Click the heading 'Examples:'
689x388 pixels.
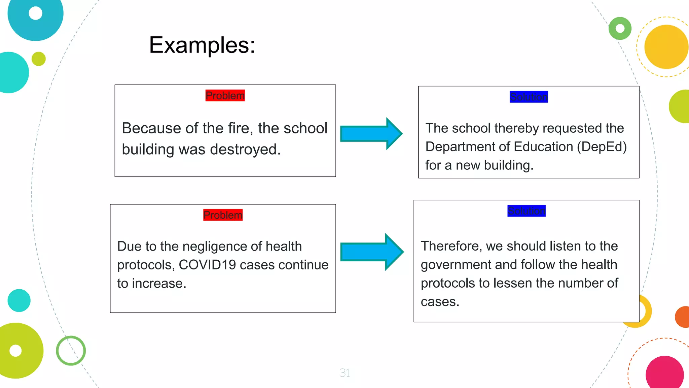click(202, 45)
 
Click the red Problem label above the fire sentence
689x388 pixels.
click(225, 96)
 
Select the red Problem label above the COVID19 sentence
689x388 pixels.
click(223, 215)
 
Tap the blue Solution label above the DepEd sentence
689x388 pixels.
click(529, 97)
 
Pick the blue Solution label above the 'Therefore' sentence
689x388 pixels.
click(527, 211)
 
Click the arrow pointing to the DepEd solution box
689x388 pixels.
click(371, 134)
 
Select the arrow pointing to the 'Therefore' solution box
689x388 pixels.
click(372, 252)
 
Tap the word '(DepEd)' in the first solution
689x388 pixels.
click(602, 147)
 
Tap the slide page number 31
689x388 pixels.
click(344, 373)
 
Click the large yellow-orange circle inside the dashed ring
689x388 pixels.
click(666, 47)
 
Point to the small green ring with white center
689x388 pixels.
click(620, 29)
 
